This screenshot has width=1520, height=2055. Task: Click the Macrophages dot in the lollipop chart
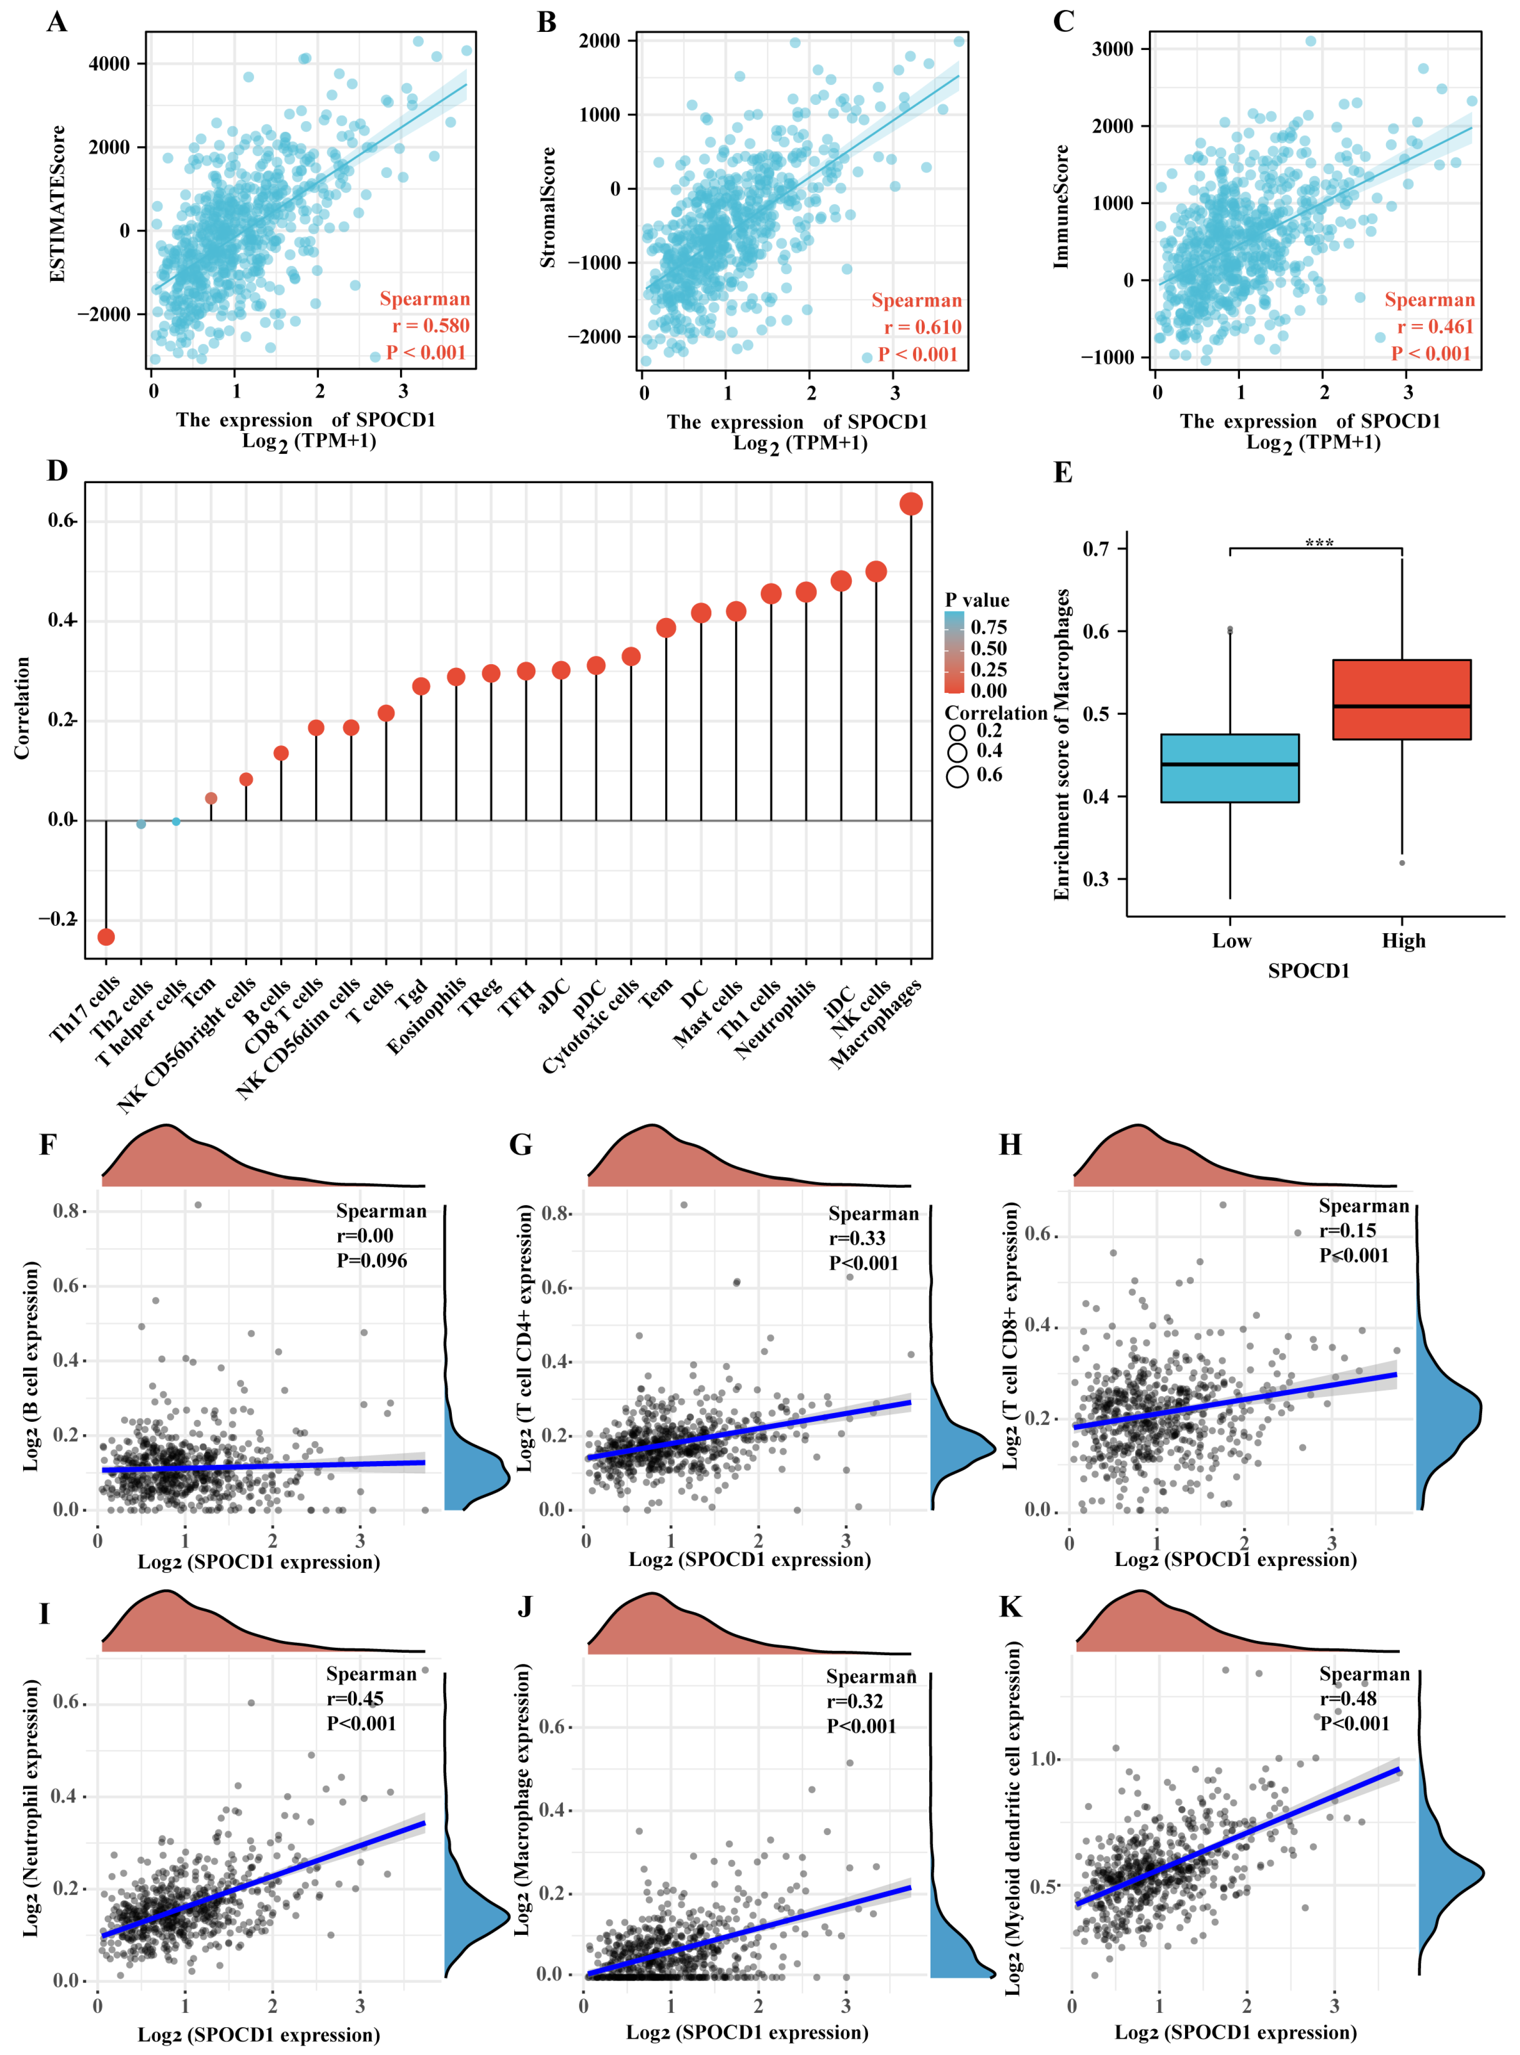coord(911,503)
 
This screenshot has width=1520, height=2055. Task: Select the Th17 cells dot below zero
coord(106,937)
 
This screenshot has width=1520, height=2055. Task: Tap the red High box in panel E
coord(1401,699)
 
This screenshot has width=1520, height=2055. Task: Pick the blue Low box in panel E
coord(1230,769)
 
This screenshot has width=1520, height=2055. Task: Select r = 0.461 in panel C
coord(1435,327)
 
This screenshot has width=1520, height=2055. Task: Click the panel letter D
coord(57,471)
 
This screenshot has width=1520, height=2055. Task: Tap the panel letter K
coord(1010,1607)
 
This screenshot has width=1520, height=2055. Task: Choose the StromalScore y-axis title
coord(548,207)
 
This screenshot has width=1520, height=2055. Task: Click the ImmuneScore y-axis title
coord(1062,207)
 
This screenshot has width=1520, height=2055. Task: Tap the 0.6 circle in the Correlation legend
coord(958,776)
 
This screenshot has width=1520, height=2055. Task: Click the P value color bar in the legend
coord(954,652)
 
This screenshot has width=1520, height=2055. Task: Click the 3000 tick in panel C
coord(1113,49)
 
